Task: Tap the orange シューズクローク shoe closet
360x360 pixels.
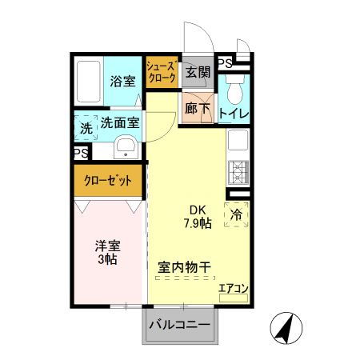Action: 162,75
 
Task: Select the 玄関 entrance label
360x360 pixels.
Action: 198,72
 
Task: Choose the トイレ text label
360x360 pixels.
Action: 233,114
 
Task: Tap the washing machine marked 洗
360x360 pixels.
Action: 85,126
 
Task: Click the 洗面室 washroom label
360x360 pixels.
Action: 120,123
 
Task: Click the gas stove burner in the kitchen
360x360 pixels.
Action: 238,170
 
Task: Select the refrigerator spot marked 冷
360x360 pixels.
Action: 237,214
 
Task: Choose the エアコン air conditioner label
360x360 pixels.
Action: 234,289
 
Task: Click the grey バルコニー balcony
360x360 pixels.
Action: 180,325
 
